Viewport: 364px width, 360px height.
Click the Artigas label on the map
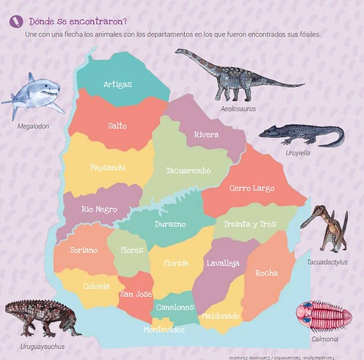point(118,85)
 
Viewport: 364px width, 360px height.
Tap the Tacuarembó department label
point(188,170)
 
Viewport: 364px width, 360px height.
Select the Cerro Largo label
point(252,188)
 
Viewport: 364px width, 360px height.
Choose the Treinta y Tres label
point(250,225)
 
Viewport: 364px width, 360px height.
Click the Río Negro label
point(99,209)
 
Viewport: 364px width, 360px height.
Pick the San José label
point(136,294)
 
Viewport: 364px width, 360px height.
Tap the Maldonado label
point(221,316)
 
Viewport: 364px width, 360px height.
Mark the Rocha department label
point(266,273)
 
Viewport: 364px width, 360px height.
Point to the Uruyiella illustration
point(302,134)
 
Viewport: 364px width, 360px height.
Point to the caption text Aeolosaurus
point(239,109)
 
